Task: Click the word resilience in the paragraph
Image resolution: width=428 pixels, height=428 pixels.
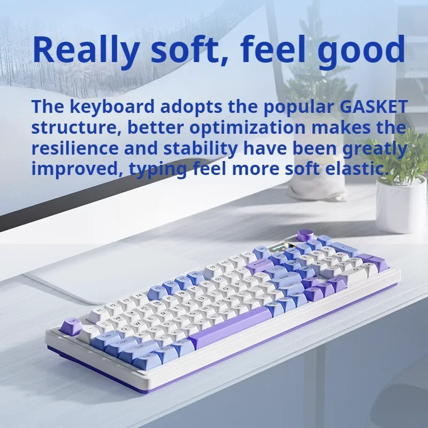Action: (x=75, y=148)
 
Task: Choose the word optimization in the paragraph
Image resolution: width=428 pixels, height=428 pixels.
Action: (x=247, y=128)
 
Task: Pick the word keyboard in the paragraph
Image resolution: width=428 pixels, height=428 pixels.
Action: (x=112, y=106)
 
